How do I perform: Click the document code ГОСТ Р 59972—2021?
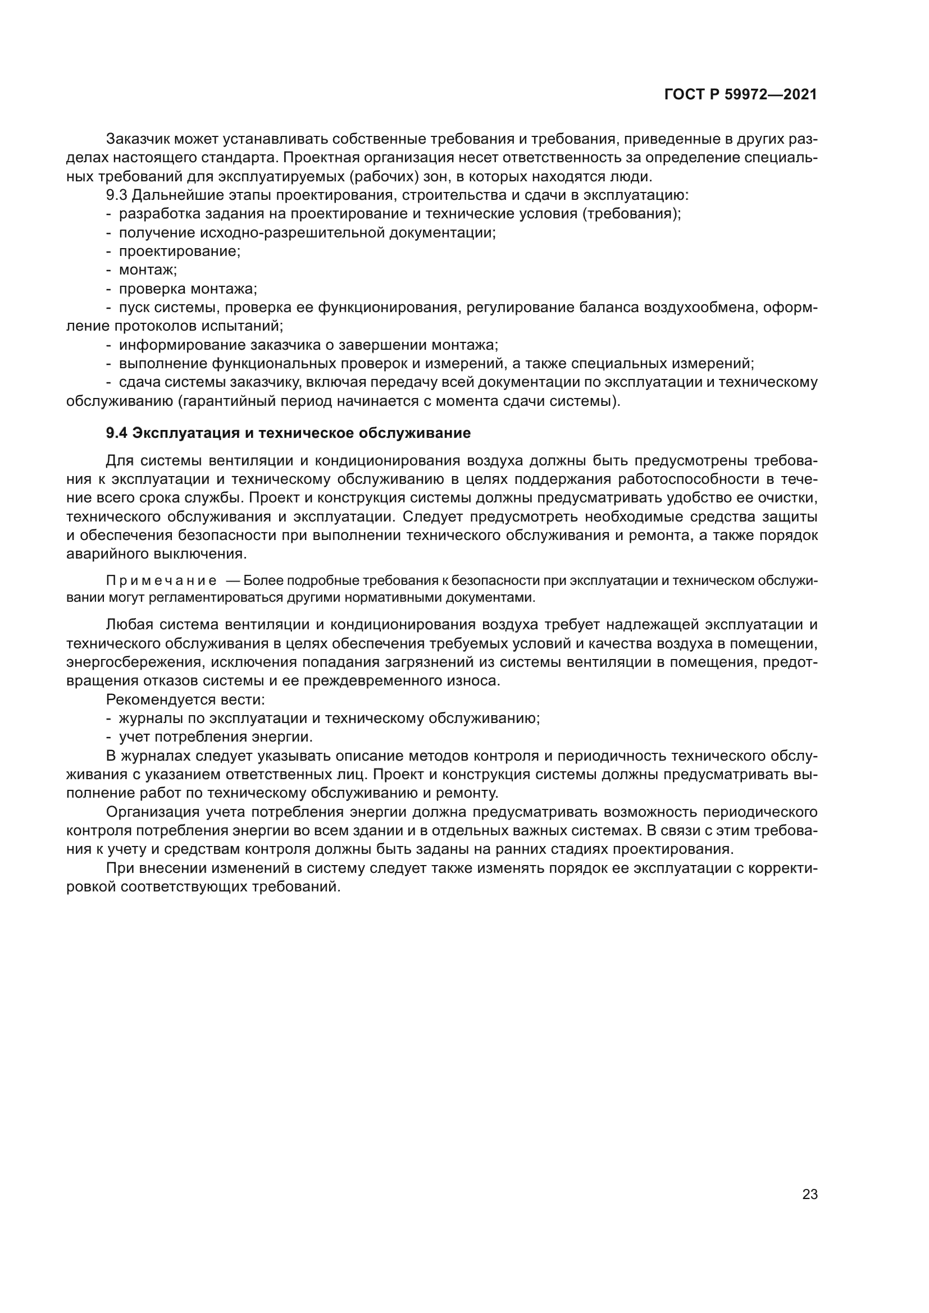(x=740, y=95)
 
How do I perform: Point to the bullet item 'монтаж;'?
(x=148, y=270)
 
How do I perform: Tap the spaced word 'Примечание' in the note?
(x=161, y=581)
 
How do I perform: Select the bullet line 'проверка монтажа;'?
(x=188, y=289)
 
